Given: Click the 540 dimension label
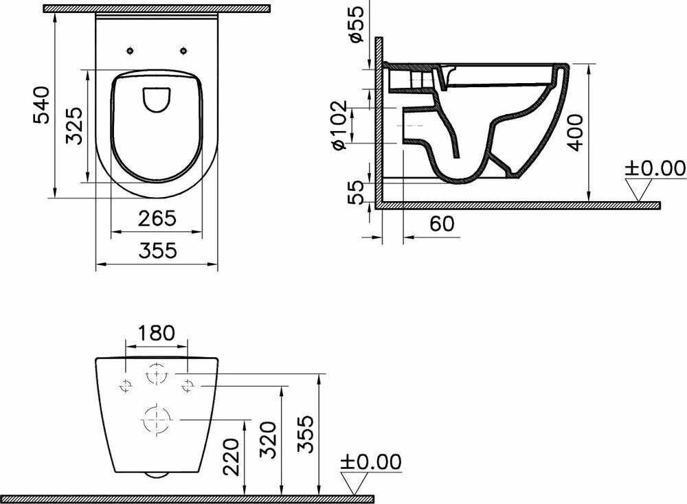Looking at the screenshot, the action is coord(43,105).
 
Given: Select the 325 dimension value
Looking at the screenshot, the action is coord(74,126).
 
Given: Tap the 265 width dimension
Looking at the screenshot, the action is coord(157,218).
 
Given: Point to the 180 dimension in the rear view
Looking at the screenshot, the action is coord(156,333).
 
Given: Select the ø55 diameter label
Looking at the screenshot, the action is coord(357,24).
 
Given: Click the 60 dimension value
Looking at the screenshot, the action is coord(442,224).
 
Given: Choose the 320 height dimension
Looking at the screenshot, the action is coord(268,440).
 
